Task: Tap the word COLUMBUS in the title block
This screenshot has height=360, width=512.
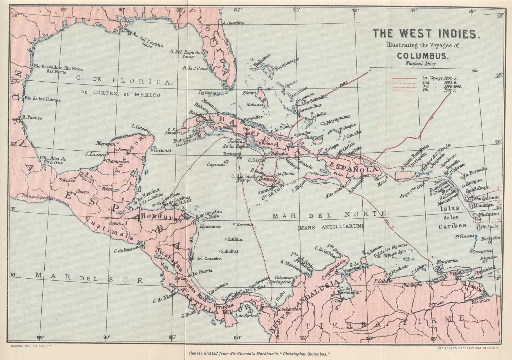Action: [x=423, y=55]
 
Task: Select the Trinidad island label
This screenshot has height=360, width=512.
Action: [x=485, y=268]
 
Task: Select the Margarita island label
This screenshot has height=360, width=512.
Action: [x=447, y=261]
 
